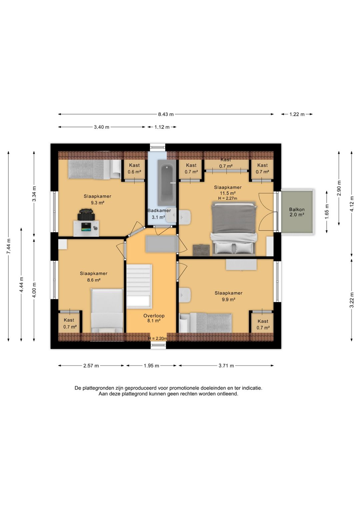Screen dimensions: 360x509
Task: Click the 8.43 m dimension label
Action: point(166,114)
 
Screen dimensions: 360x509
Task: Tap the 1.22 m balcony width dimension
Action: point(297,114)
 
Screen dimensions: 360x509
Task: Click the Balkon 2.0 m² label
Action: point(297,212)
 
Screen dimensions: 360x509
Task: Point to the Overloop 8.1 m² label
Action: point(154,318)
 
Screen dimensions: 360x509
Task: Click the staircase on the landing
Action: point(139,286)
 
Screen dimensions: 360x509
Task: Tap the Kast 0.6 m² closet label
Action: point(134,168)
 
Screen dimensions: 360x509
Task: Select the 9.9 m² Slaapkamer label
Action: point(228,296)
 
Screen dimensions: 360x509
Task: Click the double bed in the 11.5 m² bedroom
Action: point(234,228)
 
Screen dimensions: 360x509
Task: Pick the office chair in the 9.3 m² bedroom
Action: point(86,214)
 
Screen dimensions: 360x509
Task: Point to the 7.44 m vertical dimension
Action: point(8,246)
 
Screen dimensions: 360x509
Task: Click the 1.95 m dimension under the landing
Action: point(151,366)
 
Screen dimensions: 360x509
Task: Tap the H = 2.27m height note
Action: point(228,198)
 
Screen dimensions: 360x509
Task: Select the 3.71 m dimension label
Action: point(226,366)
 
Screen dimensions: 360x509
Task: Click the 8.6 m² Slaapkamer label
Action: point(94,277)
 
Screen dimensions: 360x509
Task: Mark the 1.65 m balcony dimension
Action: point(327,212)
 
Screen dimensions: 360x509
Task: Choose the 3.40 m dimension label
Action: point(102,127)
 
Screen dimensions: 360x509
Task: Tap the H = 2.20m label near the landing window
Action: point(158,338)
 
